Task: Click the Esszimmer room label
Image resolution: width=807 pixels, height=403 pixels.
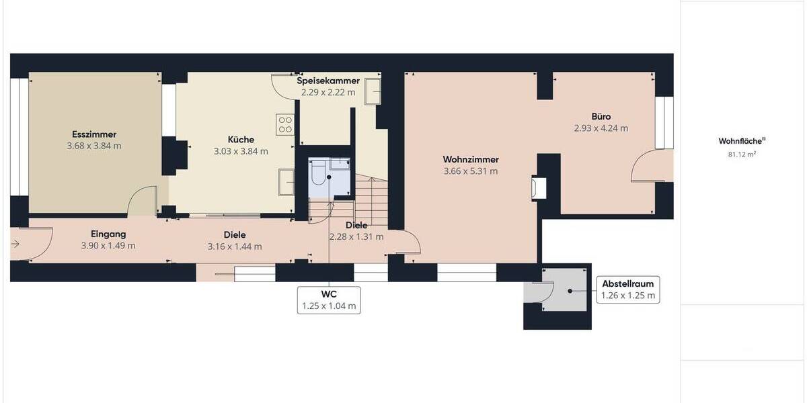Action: pyautogui.click(x=93, y=134)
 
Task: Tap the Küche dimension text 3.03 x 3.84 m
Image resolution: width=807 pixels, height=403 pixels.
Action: pyautogui.click(x=241, y=151)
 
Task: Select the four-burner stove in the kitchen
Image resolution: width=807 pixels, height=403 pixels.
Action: pyautogui.click(x=285, y=124)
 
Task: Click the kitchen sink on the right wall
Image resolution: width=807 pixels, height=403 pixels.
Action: pyautogui.click(x=286, y=181)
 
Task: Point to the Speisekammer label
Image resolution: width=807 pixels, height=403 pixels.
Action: pyautogui.click(x=328, y=81)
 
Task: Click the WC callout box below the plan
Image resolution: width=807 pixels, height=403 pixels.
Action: pyautogui.click(x=329, y=300)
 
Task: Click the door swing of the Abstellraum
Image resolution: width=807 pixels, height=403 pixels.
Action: pyautogui.click(x=541, y=292)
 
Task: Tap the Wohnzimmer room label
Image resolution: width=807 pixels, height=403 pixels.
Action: pyautogui.click(x=471, y=159)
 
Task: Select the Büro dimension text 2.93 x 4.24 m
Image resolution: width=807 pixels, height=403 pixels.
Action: pyautogui.click(x=601, y=128)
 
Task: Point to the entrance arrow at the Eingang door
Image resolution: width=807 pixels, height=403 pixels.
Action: pyautogui.click(x=15, y=244)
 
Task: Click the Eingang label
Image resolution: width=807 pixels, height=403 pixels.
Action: pyautogui.click(x=108, y=234)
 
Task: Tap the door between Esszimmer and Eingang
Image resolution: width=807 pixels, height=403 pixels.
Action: pyautogui.click(x=143, y=201)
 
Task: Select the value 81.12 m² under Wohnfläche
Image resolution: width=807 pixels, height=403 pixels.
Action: pyautogui.click(x=742, y=154)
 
